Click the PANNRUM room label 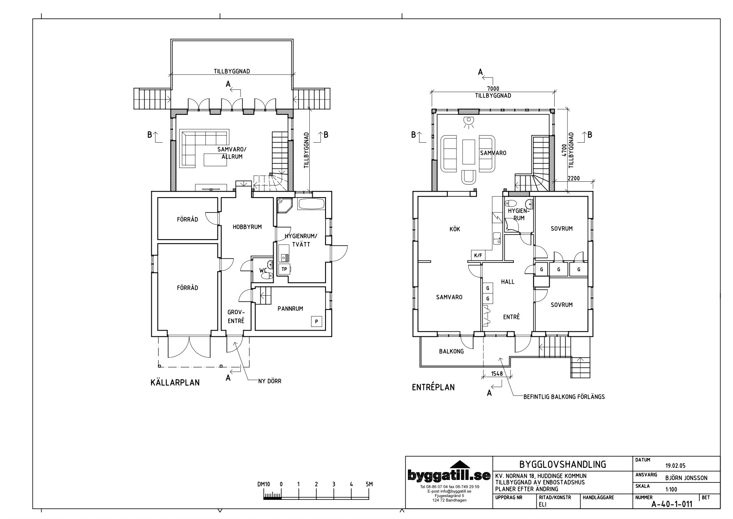coord(290,309)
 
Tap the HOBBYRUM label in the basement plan coord(247,227)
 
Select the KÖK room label coord(455,229)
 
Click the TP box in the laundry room coord(284,269)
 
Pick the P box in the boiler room coord(317,321)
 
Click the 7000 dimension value coord(493,89)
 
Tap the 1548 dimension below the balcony coord(497,373)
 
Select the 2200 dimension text coord(573,178)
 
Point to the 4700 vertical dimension coord(564,150)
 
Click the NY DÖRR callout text coord(269,381)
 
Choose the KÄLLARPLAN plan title coord(175,382)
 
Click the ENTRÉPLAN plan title coord(433,387)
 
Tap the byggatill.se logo coord(449,475)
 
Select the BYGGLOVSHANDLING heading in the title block coord(563,464)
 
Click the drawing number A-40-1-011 coord(672,504)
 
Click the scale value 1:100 coord(671,489)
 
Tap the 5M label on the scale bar coord(369,484)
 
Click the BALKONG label coord(451,351)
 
